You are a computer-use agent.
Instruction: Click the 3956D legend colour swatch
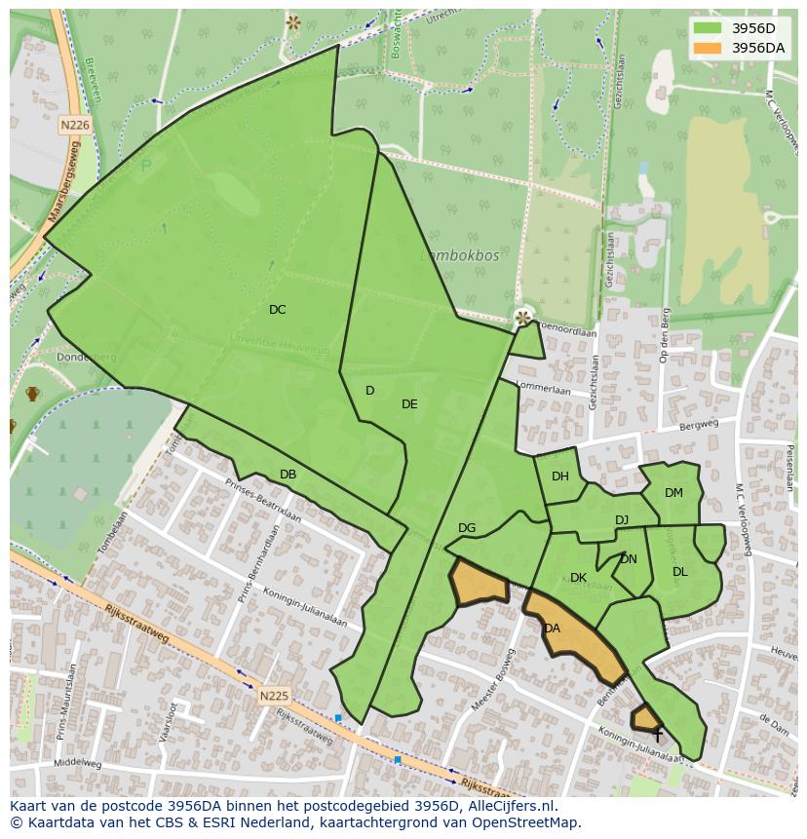[x=708, y=28]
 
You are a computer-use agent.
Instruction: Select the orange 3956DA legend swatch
[x=708, y=48]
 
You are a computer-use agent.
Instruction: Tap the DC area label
[x=278, y=310]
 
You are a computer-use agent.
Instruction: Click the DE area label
[x=409, y=404]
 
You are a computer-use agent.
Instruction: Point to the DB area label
[x=288, y=475]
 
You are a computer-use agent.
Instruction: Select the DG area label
[x=467, y=528]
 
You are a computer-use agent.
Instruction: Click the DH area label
[x=560, y=477]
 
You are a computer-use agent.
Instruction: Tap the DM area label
[x=673, y=493]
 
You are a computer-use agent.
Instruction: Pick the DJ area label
[x=622, y=520]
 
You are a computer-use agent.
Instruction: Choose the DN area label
[x=629, y=559]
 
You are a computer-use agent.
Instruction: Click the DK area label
[x=578, y=578]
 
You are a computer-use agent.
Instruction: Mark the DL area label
[x=680, y=572]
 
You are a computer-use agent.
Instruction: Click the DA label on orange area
[x=553, y=629]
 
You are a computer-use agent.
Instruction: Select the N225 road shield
[x=274, y=696]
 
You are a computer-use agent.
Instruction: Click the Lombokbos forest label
[x=460, y=255]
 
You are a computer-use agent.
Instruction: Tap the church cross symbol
[x=658, y=734]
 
